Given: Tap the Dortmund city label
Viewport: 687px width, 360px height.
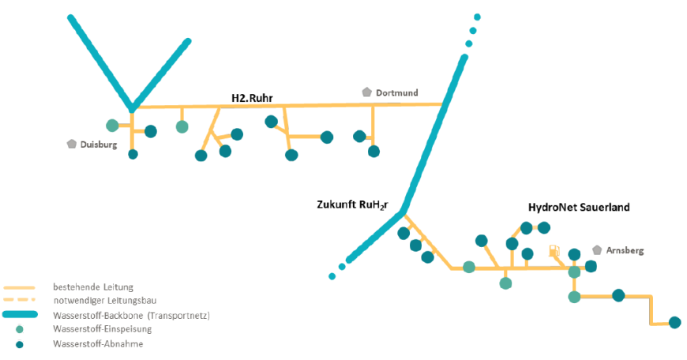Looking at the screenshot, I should point(396,93).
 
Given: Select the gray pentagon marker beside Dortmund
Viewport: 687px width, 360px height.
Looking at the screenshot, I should point(366,92).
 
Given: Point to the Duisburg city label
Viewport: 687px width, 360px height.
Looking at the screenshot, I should point(99,145).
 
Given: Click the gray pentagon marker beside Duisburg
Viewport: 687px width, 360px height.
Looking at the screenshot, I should point(72,144).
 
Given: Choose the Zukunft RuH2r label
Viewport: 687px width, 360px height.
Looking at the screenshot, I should point(351,204).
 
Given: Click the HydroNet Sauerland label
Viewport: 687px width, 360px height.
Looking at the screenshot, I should point(578,207).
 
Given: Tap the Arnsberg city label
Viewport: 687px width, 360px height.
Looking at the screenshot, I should point(625,250).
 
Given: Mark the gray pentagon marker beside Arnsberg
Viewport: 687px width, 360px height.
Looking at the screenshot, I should point(598,249).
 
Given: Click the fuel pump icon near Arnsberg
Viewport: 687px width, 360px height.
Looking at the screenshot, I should point(554,252).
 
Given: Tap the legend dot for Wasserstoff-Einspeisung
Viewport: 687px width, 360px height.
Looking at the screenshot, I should point(20,329).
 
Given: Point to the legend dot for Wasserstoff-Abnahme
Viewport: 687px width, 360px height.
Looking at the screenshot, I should point(20,344).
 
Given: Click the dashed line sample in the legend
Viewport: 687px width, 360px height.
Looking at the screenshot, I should point(20,300).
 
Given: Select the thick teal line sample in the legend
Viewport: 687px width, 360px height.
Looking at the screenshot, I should point(20,315).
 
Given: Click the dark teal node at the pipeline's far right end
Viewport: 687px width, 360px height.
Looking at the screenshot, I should point(674,322).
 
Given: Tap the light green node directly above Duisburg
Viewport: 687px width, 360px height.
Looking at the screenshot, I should point(112,125).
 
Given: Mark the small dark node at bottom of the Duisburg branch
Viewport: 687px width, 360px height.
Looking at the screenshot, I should point(133,154).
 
